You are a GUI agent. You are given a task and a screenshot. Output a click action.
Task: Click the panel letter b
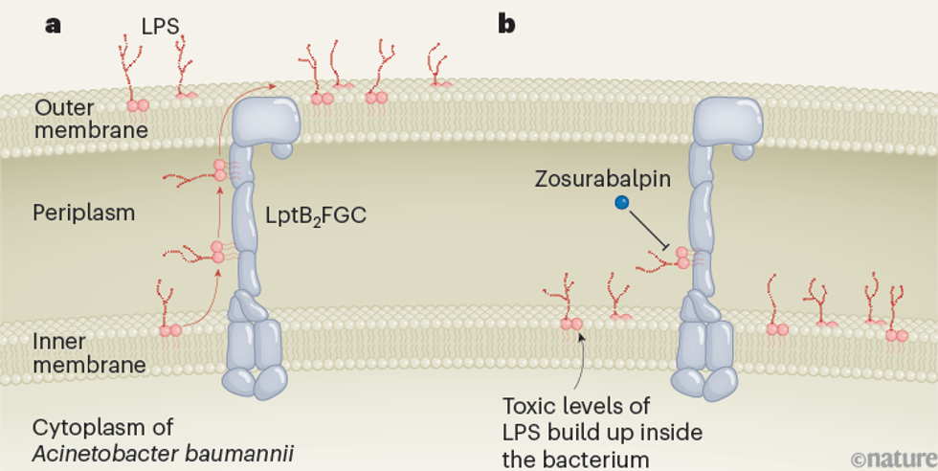[x=506, y=24]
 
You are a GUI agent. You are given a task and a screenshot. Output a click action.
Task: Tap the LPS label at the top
[x=160, y=26]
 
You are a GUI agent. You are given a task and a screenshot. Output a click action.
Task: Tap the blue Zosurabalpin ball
[x=622, y=202]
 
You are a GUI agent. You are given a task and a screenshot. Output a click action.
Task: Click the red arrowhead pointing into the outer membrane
[x=274, y=86]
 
